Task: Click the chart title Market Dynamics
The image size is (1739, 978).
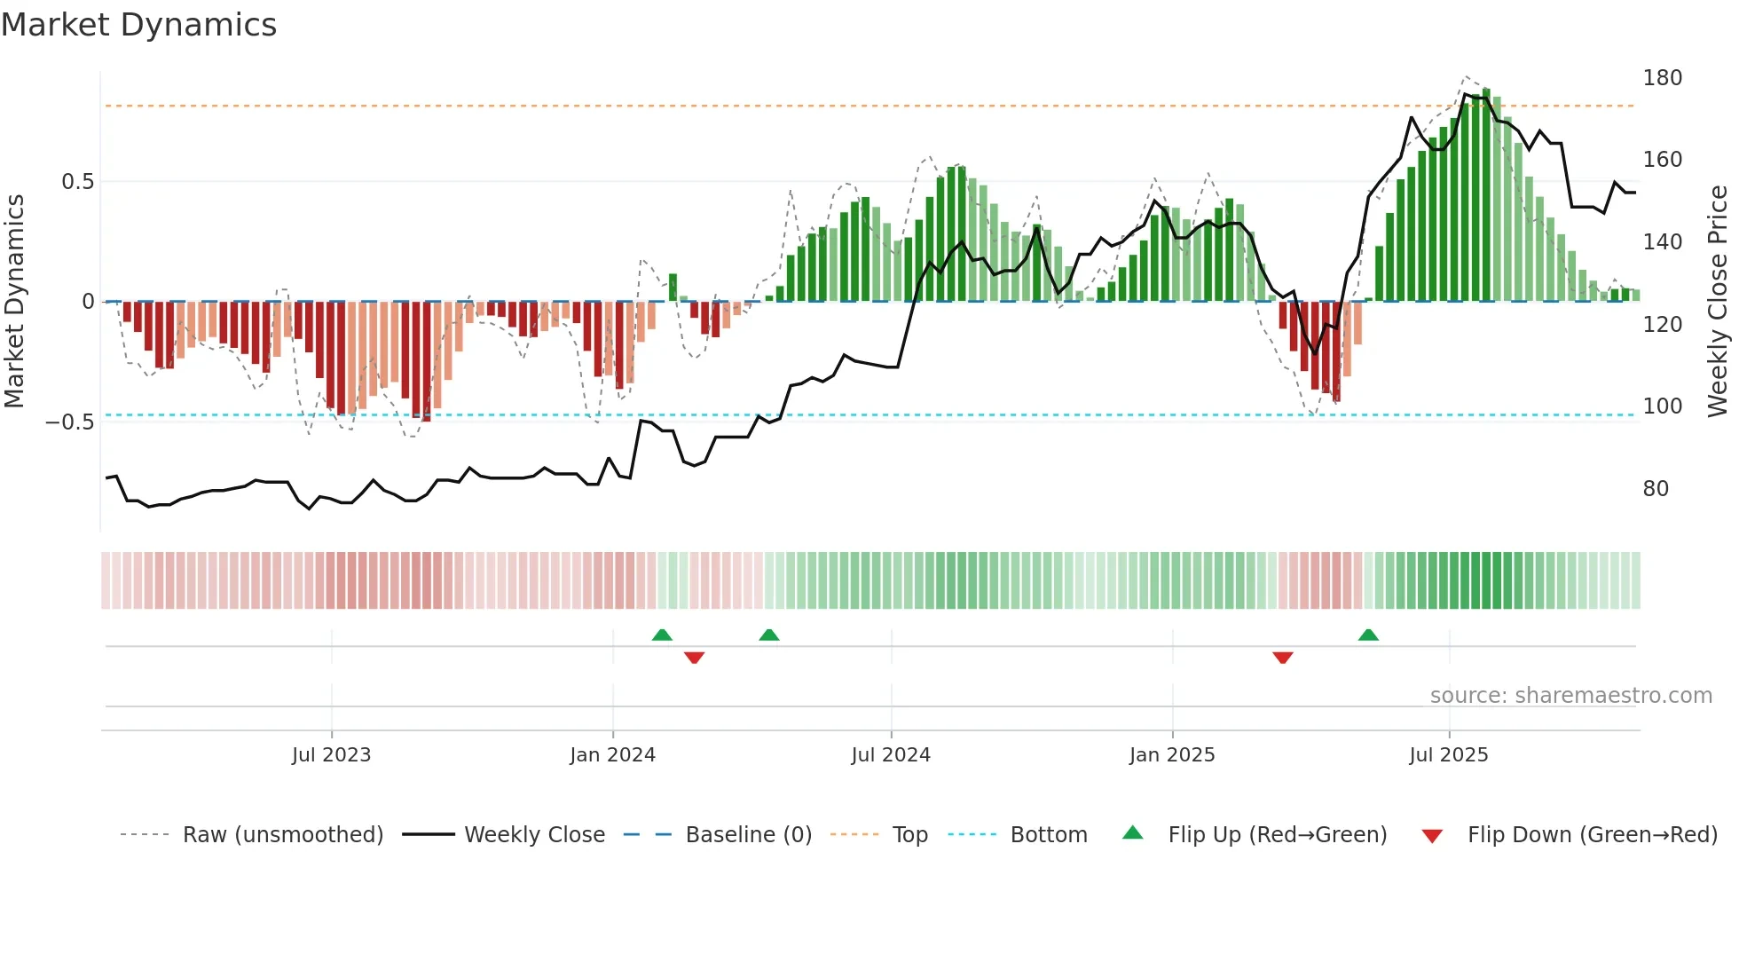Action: pyautogui.click(x=139, y=25)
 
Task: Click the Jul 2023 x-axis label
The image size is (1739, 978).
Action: pyautogui.click(x=331, y=755)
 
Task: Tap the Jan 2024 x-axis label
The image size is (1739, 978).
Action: pyautogui.click(x=612, y=755)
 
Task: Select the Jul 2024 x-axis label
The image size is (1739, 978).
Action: pyautogui.click(x=891, y=755)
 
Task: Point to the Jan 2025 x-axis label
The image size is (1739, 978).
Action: pyautogui.click(x=1172, y=755)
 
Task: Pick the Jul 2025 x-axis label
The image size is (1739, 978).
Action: pyautogui.click(x=1449, y=755)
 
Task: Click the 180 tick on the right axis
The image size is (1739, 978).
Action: pyautogui.click(x=1662, y=78)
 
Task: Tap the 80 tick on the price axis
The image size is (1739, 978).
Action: pyautogui.click(x=1656, y=489)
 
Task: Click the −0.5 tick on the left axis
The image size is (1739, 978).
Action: pyautogui.click(x=69, y=422)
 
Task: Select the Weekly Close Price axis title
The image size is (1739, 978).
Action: pyautogui.click(x=1718, y=302)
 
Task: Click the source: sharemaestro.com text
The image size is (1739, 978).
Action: pyautogui.click(x=1570, y=696)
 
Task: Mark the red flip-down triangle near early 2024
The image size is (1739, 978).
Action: pyautogui.click(x=695, y=658)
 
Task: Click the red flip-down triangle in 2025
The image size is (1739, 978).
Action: pyautogui.click(x=1283, y=658)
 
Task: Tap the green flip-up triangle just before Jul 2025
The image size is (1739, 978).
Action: pyautogui.click(x=1368, y=635)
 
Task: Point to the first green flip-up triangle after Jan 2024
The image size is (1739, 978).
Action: pyautogui.click(x=662, y=635)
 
